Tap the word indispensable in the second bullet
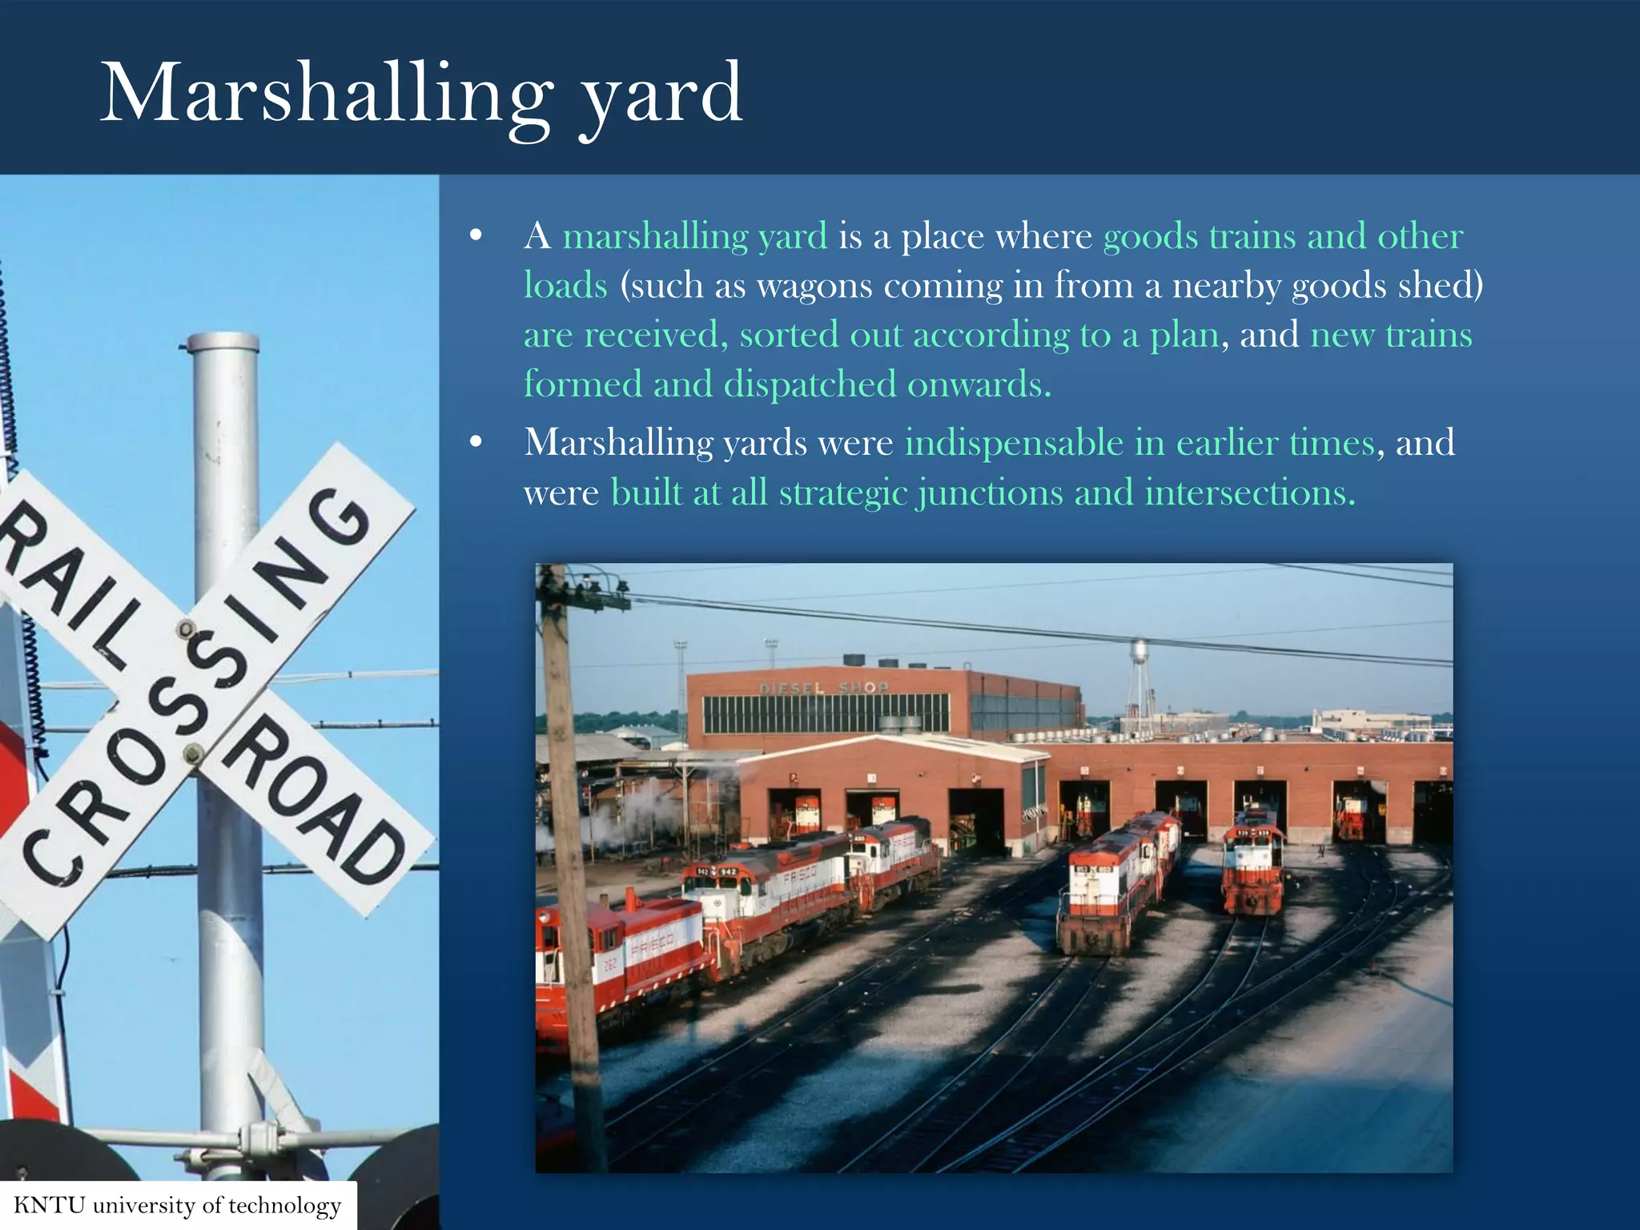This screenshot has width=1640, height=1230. (x=1014, y=443)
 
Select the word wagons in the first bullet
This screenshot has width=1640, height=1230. (x=814, y=286)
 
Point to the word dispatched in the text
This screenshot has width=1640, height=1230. (x=810, y=384)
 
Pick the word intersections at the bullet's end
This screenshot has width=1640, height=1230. (x=1249, y=492)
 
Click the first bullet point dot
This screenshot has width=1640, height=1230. (x=476, y=235)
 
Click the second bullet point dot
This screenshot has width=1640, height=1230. (x=476, y=442)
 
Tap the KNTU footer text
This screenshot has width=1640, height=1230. (x=177, y=1205)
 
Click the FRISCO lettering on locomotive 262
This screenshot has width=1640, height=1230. (x=653, y=948)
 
